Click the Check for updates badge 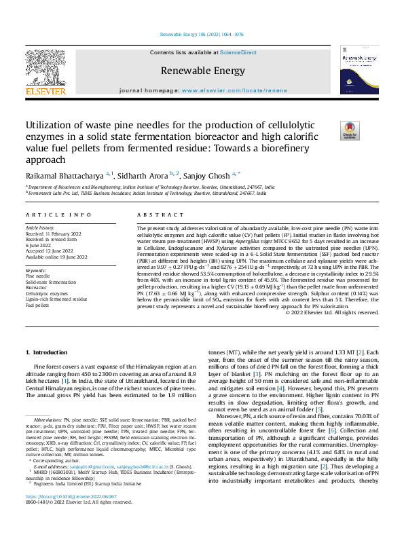click(349, 130)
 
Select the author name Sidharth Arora click(145, 175)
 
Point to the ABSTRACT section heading click(152, 215)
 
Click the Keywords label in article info click(36, 270)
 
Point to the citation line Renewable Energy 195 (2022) click(201, 33)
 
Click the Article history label click(41, 227)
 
